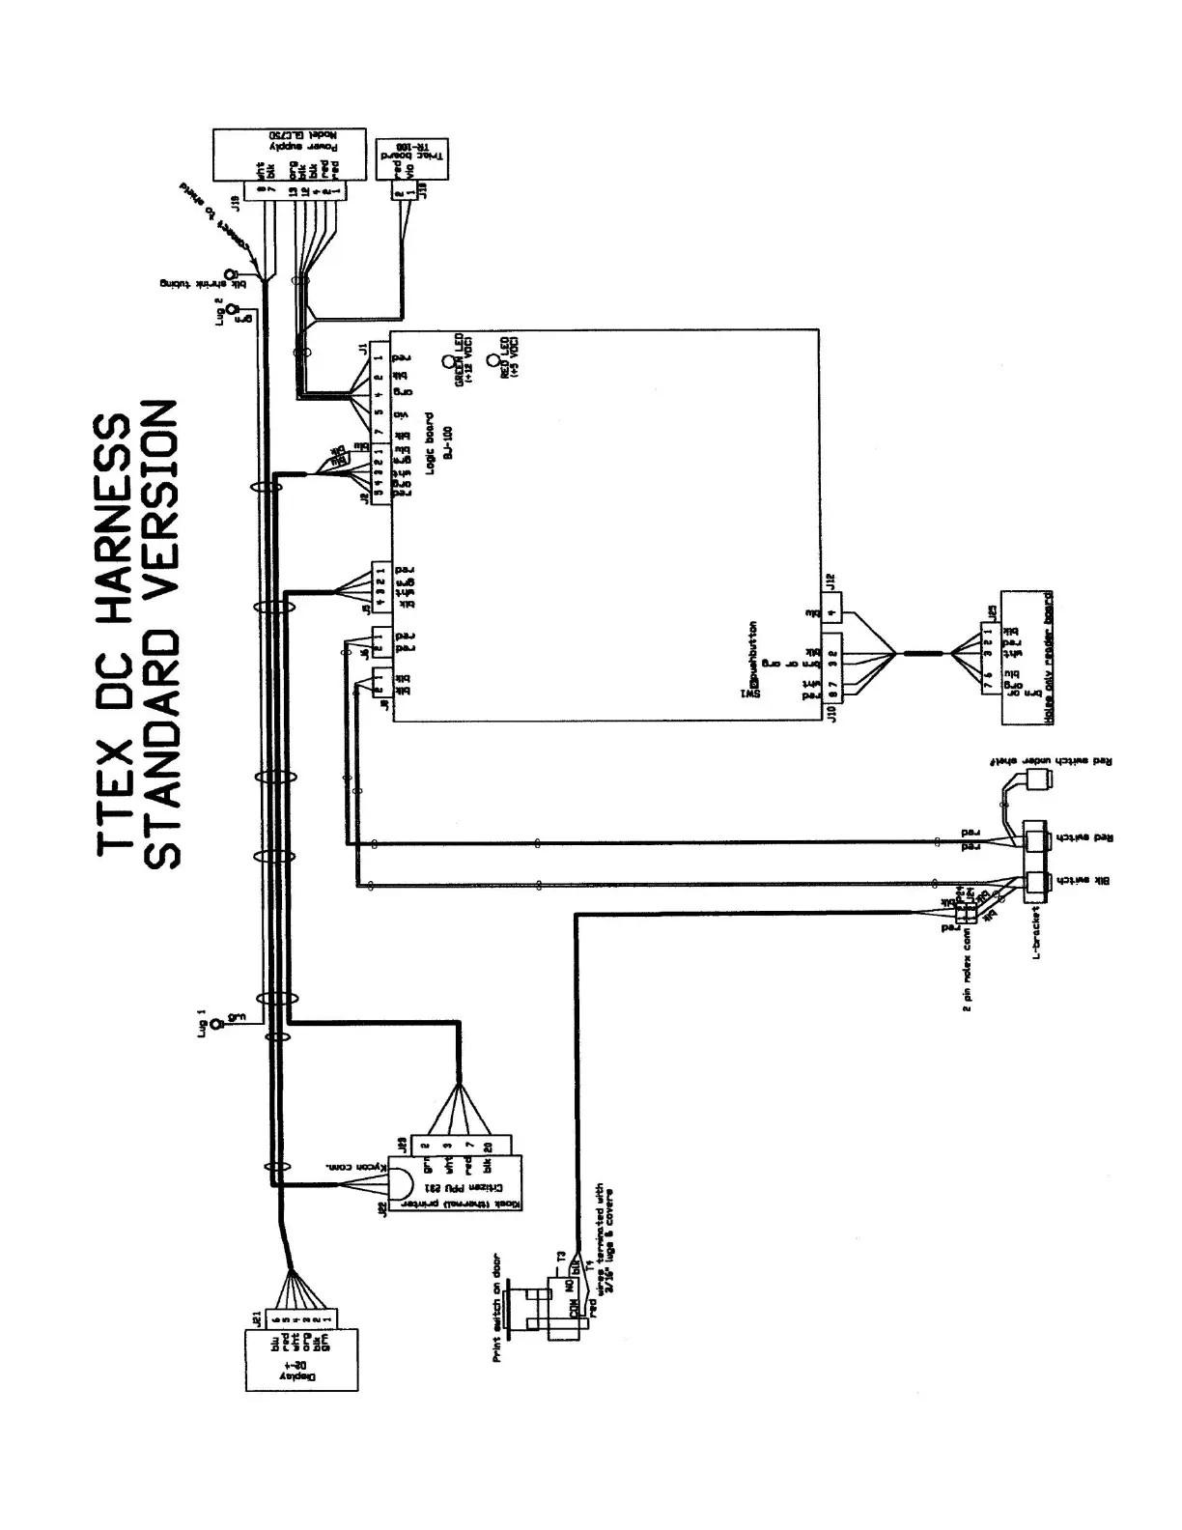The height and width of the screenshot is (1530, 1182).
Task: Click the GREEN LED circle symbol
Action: (x=448, y=364)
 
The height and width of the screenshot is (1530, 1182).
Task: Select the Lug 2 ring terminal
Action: (x=232, y=312)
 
